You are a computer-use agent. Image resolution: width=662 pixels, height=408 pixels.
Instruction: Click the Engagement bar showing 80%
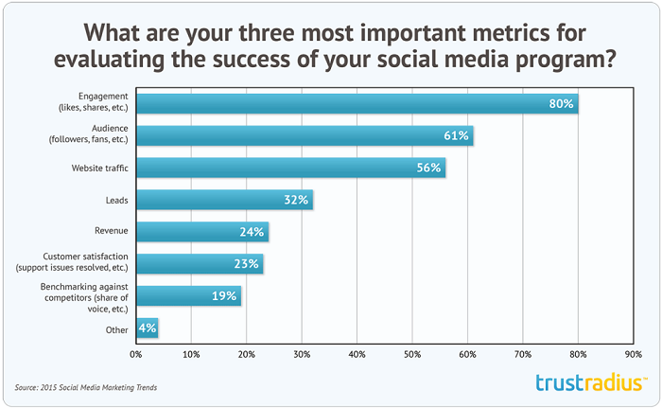356,104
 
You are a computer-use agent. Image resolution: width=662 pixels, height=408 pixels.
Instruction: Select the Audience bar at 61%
304,135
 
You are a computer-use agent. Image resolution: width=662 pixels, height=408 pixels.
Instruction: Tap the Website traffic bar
290,168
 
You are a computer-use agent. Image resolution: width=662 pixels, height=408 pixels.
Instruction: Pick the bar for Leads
223,200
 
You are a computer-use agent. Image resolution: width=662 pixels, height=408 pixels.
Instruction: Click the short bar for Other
147,328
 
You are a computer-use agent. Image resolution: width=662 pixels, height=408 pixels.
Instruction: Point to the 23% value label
248,264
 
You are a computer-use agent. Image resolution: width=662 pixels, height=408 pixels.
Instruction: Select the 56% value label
430,168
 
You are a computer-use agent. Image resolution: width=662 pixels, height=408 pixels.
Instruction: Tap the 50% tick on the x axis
412,354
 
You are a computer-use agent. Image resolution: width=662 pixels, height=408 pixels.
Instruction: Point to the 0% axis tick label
136,354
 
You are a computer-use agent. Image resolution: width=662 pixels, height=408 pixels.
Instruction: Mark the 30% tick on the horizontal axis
302,354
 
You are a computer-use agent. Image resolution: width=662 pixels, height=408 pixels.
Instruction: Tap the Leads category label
118,200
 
